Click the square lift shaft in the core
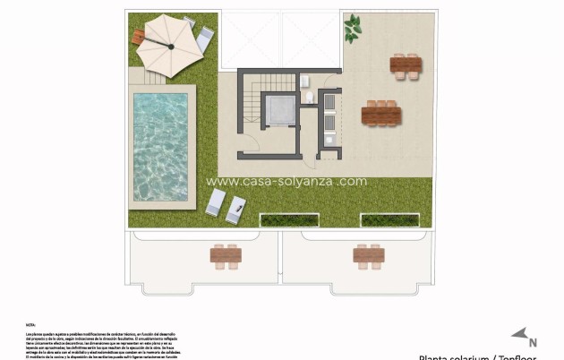coord(278,110)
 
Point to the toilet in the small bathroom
coord(308,97)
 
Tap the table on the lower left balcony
coord(226,256)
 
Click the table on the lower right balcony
coord(369,256)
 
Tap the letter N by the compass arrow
coord(534,341)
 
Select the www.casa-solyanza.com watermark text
coord(286,180)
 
